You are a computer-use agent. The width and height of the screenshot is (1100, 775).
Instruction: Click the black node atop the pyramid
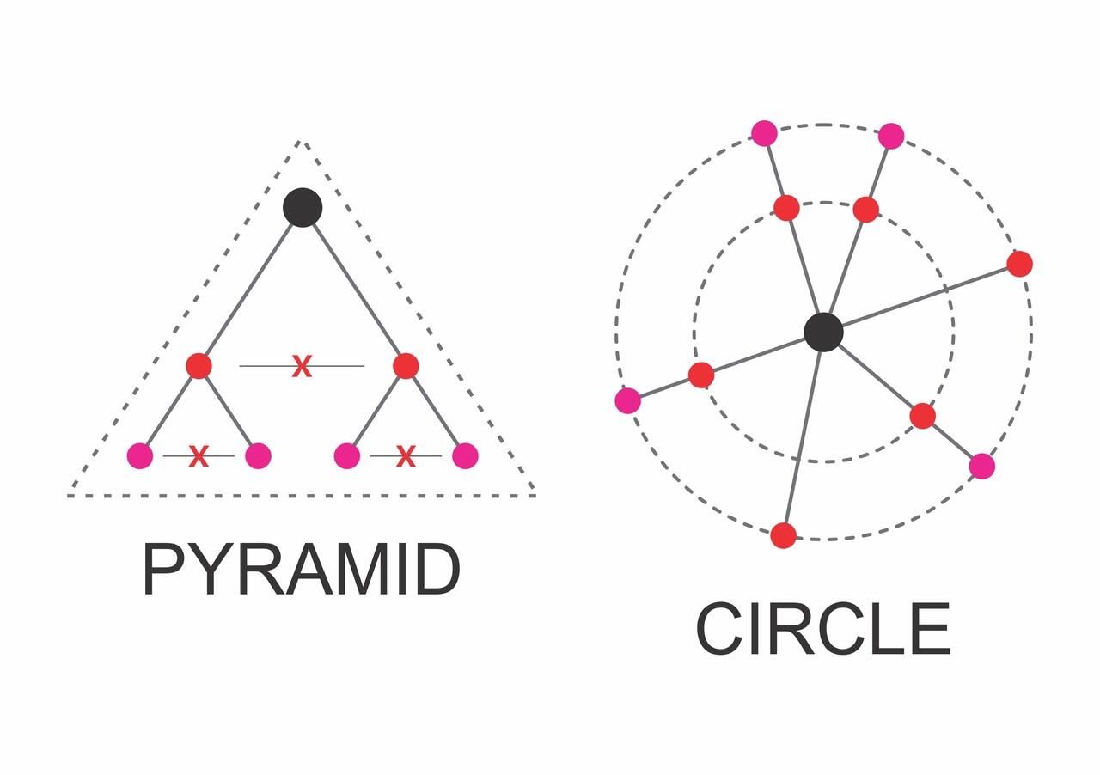click(302, 207)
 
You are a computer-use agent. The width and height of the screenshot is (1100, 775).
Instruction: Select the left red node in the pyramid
click(199, 366)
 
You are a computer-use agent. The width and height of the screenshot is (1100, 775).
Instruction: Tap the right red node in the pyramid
click(406, 366)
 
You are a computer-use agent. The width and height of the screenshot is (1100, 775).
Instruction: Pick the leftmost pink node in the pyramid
click(140, 455)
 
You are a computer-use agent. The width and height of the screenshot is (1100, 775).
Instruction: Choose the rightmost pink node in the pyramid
click(465, 455)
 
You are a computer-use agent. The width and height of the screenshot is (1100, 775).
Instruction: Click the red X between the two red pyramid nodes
click(302, 366)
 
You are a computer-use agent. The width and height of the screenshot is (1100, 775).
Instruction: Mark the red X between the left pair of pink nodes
click(199, 455)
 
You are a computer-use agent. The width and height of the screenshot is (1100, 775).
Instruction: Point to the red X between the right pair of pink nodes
click(406, 455)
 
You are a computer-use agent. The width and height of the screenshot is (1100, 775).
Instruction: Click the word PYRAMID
click(302, 570)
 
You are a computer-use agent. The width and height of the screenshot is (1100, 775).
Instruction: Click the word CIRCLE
click(823, 629)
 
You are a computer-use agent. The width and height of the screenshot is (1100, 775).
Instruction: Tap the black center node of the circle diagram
click(823, 332)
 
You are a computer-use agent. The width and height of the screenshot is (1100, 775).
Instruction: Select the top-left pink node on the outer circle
click(765, 133)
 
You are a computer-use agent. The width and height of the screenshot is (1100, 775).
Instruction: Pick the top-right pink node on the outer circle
click(891, 136)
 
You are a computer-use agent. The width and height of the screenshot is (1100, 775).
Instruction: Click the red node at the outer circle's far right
click(1019, 264)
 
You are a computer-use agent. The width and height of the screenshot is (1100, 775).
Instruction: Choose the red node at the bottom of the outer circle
click(783, 535)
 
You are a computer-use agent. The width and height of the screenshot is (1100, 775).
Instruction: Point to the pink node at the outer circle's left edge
click(628, 400)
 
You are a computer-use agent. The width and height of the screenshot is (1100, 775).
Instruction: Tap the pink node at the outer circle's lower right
click(982, 466)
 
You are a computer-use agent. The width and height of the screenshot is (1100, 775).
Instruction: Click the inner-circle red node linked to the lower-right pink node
click(923, 416)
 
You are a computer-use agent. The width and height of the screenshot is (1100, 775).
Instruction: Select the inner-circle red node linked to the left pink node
click(701, 375)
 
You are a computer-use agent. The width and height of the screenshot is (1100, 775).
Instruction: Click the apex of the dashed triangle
click(300, 142)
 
